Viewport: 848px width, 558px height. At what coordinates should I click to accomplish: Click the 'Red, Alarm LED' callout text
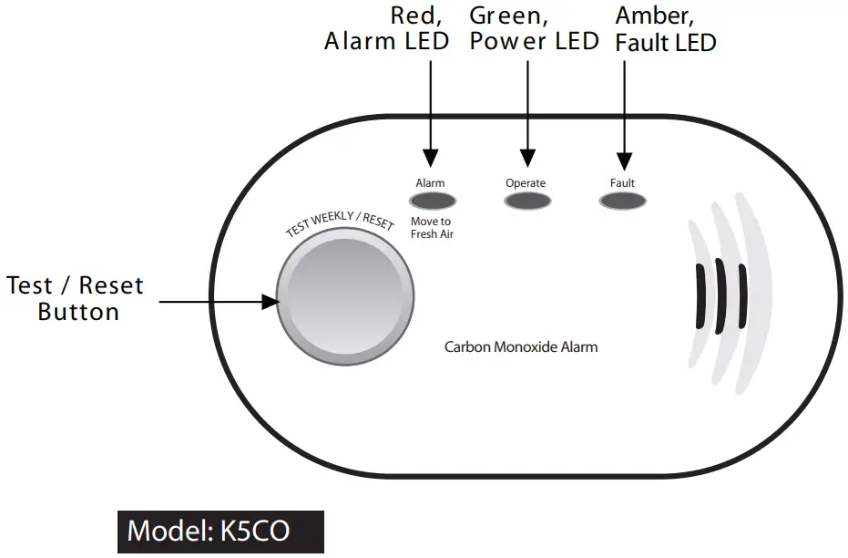387,28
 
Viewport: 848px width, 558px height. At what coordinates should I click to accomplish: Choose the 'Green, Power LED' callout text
533,28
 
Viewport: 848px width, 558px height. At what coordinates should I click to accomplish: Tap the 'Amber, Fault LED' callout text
665,28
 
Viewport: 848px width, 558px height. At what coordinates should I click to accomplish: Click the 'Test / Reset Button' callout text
76,298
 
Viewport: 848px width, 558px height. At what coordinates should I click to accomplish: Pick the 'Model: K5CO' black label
220,531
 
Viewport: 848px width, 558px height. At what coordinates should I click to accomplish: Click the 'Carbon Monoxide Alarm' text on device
521,347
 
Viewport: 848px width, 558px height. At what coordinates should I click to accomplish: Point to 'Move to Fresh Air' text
432,228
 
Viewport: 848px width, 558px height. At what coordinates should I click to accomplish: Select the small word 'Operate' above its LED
526,183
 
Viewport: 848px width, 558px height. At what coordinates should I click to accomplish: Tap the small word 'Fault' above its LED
622,183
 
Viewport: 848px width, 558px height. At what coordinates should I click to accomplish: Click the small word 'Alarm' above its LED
430,183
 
